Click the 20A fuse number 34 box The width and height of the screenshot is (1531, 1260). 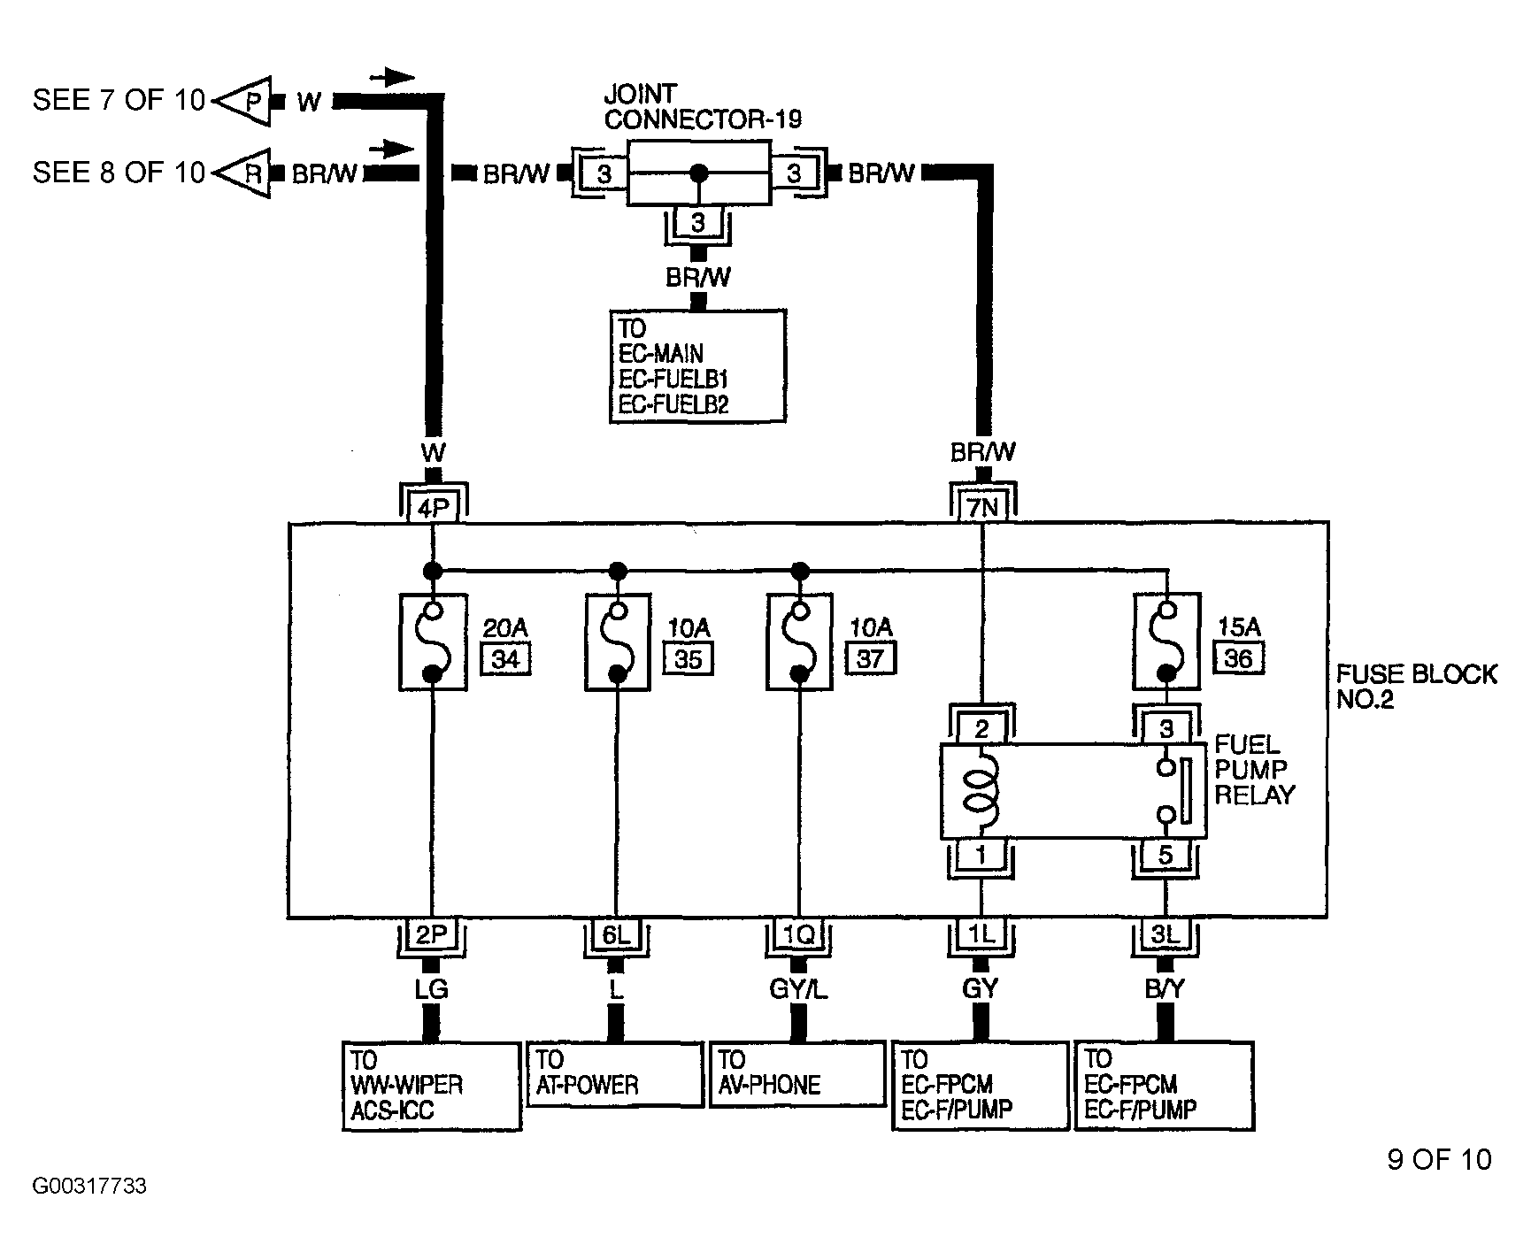tap(505, 659)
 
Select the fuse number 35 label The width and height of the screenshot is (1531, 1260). tap(688, 659)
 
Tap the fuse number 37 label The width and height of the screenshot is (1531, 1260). tap(870, 658)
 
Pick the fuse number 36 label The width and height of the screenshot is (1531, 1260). tap(1238, 657)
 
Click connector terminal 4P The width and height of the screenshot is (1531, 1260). tap(433, 507)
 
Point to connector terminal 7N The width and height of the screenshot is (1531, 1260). tap(982, 507)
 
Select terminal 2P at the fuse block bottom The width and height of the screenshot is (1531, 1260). tap(433, 934)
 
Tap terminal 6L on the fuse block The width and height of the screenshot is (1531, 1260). tap(616, 934)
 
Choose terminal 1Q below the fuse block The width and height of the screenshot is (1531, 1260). tap(798, 934)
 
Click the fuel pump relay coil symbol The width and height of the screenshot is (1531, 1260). tap(980, 783)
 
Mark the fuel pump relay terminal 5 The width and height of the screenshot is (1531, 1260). tap(1166, 856)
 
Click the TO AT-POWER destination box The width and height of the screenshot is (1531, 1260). tap(615, 1074)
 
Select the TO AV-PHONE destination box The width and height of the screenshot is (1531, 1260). tap(797, 1074)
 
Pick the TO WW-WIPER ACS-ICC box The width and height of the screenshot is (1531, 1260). tap(432, 1087)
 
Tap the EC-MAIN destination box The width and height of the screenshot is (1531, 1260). tap(697, 365)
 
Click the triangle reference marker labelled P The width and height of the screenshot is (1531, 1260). tap(242, 100)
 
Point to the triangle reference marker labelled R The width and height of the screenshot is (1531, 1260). tap(242, 173)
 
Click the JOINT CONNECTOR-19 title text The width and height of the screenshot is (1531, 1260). tap(703, 106)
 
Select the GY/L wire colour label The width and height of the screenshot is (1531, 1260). tap(798, 989)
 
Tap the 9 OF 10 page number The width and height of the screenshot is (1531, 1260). tap(1439, 1159)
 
